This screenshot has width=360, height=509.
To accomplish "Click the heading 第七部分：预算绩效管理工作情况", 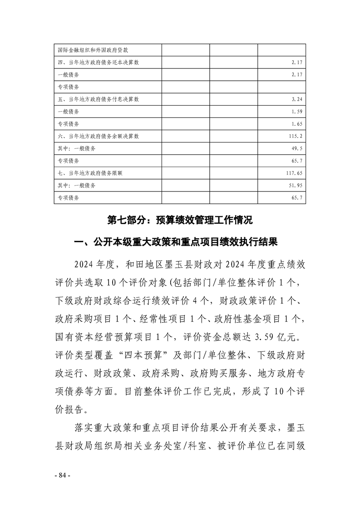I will point(180,220).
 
